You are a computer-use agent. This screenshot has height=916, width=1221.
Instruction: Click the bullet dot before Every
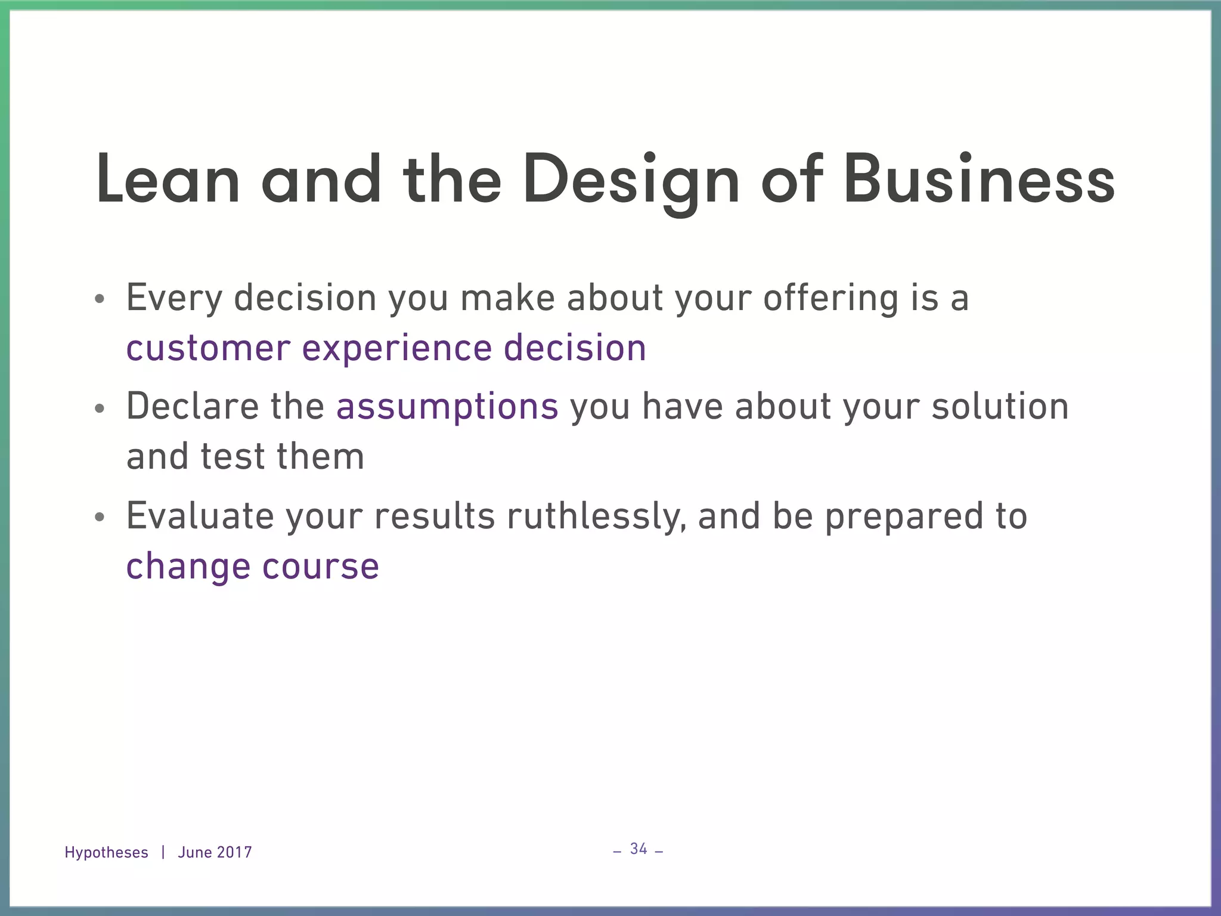point(100,299)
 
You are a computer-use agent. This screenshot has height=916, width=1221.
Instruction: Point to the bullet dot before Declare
point(100,409)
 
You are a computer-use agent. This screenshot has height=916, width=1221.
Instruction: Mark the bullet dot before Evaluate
point(100,518)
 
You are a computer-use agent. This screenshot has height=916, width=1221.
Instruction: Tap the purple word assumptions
point(447,407)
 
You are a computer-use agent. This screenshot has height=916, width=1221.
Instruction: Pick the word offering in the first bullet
point(830,298)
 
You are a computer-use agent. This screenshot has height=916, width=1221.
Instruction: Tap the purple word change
point(188,567)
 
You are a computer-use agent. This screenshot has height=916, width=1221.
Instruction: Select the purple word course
point(321,567)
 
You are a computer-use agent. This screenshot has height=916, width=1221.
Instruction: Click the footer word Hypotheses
point(106,853)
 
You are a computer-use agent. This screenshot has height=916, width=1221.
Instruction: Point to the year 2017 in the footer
point(234,853)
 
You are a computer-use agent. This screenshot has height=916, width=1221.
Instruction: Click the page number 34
point(639,849)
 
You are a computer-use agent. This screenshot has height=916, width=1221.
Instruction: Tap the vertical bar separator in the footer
point(163,853)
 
